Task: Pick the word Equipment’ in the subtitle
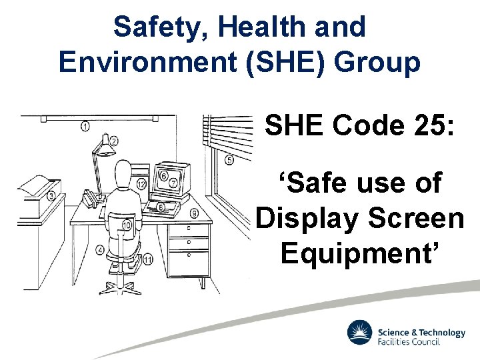click(360, 253)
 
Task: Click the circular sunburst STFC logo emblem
click(360, 333)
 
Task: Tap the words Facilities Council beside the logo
click(409, 342)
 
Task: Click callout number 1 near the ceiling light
click(86, 125)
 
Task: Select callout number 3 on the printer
click(52, 195)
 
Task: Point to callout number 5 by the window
click(229, 159)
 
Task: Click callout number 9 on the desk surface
click(193, 213)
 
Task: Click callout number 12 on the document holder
click(141, 183)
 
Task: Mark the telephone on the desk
click(91, 197)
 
